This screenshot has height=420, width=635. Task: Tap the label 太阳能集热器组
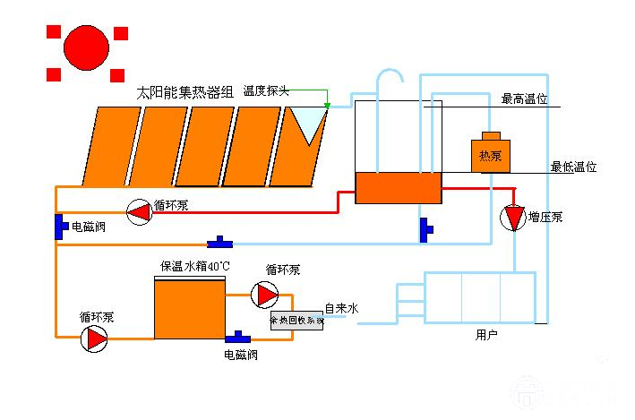tap(184, 91)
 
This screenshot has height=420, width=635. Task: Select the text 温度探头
tap(267, 91)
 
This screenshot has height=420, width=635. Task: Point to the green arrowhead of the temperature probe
tap(327, 107)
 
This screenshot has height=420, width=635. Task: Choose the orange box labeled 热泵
tap(491, 154)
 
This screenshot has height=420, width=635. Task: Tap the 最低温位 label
tap(573, 167)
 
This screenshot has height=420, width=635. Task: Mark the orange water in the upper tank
tap(399, 187)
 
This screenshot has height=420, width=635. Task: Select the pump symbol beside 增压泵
tap(513, 218)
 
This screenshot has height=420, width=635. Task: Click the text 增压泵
tap(545, 217)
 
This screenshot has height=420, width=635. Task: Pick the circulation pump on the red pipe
tap(139, 211)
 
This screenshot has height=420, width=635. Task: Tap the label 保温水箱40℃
tap(195, 266)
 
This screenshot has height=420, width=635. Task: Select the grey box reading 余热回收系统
tap(296, 320)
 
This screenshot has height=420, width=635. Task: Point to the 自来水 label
tap(341, 308)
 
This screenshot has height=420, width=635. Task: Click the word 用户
tap(486, 335)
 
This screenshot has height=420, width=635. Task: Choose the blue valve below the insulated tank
tap(238, 338)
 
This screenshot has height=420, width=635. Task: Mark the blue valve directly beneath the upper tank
tap(425, 230)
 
